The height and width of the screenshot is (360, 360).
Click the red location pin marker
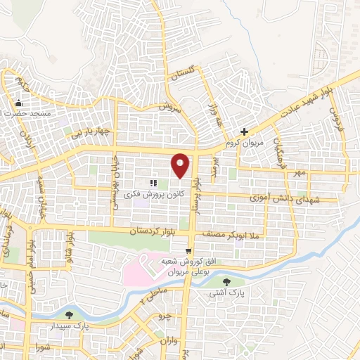point(181,164)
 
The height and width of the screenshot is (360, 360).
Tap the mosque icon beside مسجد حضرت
point(18,103)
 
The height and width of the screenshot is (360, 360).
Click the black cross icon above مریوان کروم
point(244,131)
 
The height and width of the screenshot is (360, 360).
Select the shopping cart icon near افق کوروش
point(188,251)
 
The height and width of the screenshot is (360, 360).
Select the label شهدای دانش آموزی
point(279,200)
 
